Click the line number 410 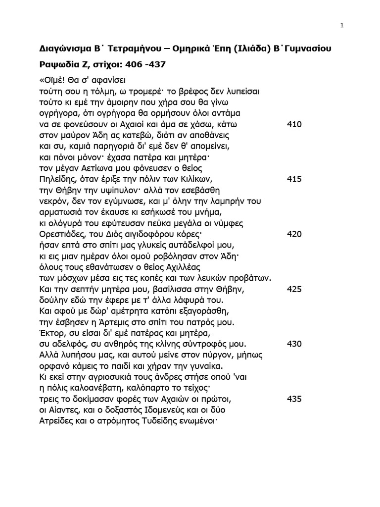pyautogui.click(x=294, y=124)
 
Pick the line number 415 pyautogui.click(x=294, y=179)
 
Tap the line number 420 pyautogui.click(x=294, y=234)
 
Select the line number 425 pyautogui.click(x=294, y=289)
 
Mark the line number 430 pyautogui.click(x=294, y=344)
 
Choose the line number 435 pyautogui.click(x=294, y=399)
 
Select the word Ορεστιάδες pyautogui.click(x=63, y=234)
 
